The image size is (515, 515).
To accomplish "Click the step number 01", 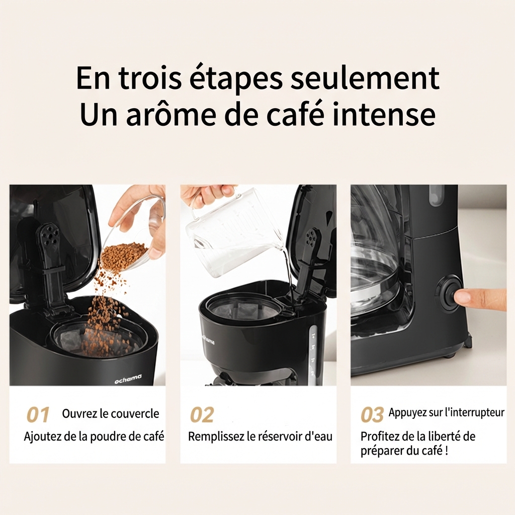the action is point(38,414).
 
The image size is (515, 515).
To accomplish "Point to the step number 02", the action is point(202,414).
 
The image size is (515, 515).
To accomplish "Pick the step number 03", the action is point(372,414).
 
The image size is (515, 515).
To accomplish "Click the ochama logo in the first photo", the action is point(128,379).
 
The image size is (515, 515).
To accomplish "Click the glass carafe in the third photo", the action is point(378,263).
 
